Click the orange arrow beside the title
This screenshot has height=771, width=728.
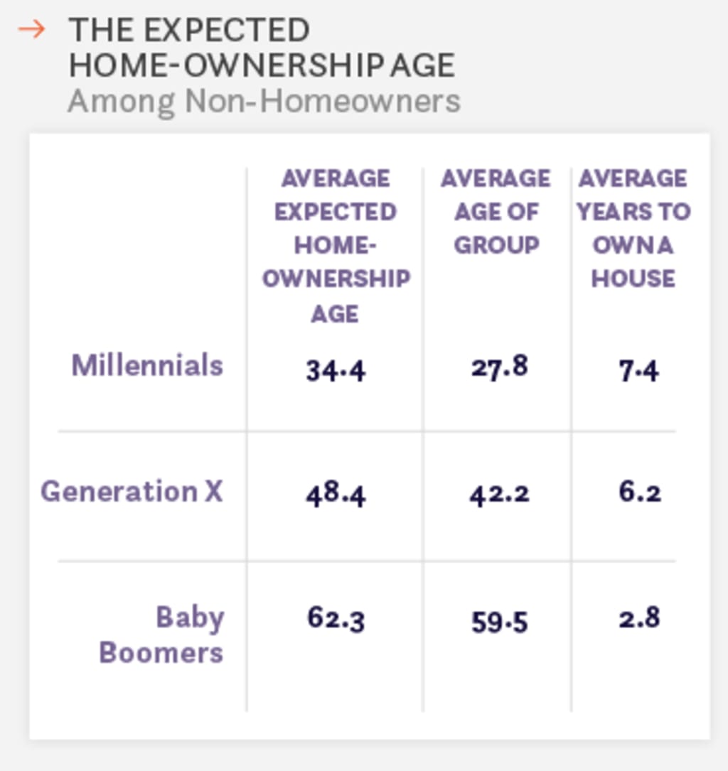[x=31, y=30]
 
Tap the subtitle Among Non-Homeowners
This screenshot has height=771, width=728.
[x=264, y=101]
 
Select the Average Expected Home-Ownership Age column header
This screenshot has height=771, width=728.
[x=335, y=245]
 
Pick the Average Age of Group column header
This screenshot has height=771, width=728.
[x=496, y=211]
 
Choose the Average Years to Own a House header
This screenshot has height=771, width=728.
[x=633, y=228]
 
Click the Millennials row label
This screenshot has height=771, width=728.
[x=147, y=365]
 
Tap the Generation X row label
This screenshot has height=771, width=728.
[x=132, y=491]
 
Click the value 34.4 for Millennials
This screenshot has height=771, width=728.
[x=336, y=370]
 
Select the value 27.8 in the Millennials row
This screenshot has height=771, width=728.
[x=499, y=367]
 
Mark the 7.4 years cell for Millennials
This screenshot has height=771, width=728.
[x=638, y=370]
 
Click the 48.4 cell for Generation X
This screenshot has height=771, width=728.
[x=336, y=493]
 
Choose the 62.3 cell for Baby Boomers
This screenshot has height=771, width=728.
[x=336, y=618]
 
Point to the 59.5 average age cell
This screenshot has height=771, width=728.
[x=499, y=622]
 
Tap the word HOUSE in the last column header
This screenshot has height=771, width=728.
[x=633, y=279]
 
